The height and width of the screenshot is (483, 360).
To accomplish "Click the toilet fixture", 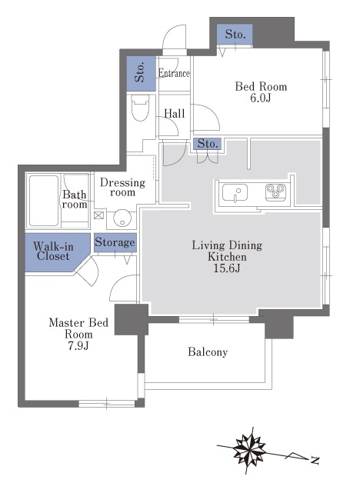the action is click(x=141, y=108).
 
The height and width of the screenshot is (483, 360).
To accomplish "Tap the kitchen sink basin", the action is click(x=235, y=193).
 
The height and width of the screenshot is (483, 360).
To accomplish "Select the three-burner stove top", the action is click(x=275, y=192).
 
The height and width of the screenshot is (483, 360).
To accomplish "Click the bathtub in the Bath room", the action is click(x=44, y=200).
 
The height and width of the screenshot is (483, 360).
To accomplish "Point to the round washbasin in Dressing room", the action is click(x=122, y=218).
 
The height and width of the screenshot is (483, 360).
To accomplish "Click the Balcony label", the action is click(x=208, y=351).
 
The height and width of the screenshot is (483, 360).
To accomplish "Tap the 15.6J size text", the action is click(x=227, y=268).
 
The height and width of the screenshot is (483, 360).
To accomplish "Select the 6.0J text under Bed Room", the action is click(x=261, y=98).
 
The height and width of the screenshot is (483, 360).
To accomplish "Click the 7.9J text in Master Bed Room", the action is click(x=78, y=346).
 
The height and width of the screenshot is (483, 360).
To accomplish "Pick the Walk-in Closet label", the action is click(x=53, y=251).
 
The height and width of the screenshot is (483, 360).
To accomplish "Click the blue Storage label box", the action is click(x=115, y=242).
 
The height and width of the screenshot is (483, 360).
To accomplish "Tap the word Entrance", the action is click(x=174, y=73).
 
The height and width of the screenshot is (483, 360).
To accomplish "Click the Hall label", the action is click(x=175, y=114).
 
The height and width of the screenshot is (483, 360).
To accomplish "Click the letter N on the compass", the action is click(x=314, y=460).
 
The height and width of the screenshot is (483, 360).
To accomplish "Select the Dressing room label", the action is click(x=122, y=188).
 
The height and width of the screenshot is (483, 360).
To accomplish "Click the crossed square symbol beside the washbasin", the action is click(x=98, y=215).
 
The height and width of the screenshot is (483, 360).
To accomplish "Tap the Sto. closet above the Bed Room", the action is click(x=235, y=35).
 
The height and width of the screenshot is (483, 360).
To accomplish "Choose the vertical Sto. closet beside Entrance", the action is click(x=142, y=73).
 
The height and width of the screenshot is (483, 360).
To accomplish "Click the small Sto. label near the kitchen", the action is click(x=208, y=144).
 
